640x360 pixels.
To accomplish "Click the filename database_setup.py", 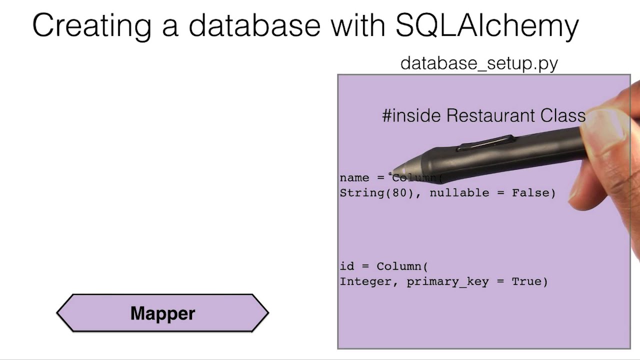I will (x=479, y=63).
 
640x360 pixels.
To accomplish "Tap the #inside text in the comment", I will (x=411, y=115).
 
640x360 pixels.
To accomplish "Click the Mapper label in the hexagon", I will (x=162, y=313).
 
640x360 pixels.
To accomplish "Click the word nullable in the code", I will (x=459, y=193).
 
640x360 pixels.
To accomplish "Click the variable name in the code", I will (x=354, y=178).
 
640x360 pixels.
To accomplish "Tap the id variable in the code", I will (x=347, y=266).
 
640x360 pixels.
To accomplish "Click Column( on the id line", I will (x=402, y=266).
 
